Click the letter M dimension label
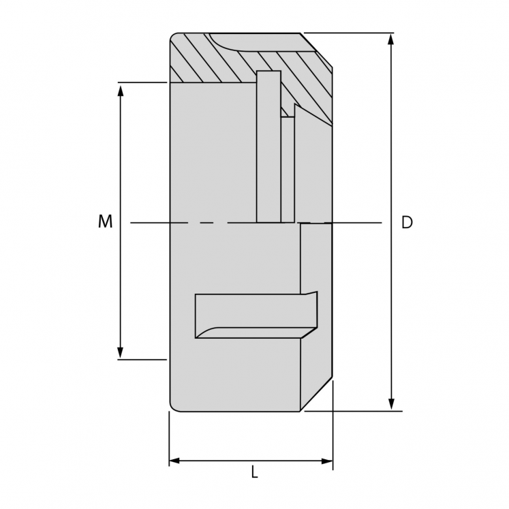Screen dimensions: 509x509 coord(105,222)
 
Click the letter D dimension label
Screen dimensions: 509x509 coord(407,223)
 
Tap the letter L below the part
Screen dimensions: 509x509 coord(254,472)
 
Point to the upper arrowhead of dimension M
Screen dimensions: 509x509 coord(121,90)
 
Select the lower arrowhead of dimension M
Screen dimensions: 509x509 coord(121,352)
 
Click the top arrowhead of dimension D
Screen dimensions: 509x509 coord(391,39)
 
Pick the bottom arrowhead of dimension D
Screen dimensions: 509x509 coord(391,404)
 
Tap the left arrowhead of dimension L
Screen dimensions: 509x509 coord(175,461)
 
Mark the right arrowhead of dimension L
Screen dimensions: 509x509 coord(327,461)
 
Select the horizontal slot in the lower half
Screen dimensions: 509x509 coord(252,315)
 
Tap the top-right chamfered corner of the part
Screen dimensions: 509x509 coord(317,50)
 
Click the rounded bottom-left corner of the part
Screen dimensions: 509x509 coord(173,407)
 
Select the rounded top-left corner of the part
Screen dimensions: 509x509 coord(173,37)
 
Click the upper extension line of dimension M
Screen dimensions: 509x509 coord(142,82)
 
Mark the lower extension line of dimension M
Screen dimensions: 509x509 coord(142,359)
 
